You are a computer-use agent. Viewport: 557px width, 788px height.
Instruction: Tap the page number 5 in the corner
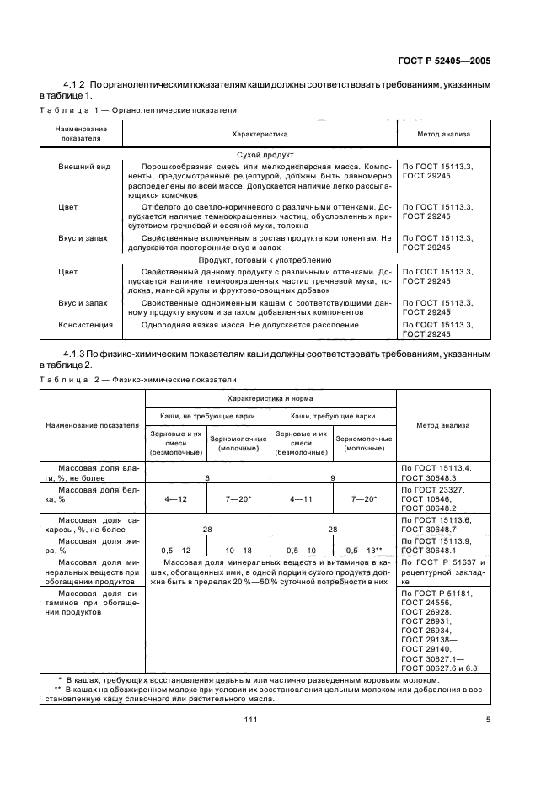click(x=488, y=718)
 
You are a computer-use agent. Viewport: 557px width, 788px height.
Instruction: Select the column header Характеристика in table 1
click(x=260, y=134)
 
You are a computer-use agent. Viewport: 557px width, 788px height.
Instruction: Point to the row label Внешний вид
click(x=84, y=167)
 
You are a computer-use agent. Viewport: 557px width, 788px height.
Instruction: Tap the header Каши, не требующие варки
click(x=207, y=416)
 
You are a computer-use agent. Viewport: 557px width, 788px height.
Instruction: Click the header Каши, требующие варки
click(x=333, y=416)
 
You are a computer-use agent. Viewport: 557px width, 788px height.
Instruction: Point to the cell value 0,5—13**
click(x=364, y=549)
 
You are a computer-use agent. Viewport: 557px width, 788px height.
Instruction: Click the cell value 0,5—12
click(x=176, y=549)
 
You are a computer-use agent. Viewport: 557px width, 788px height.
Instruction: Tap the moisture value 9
click(x=333, y=477)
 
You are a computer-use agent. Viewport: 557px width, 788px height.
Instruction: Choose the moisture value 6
click(x=207, y=477)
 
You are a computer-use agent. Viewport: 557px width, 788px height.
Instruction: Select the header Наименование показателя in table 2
click(x=93, y=425)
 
